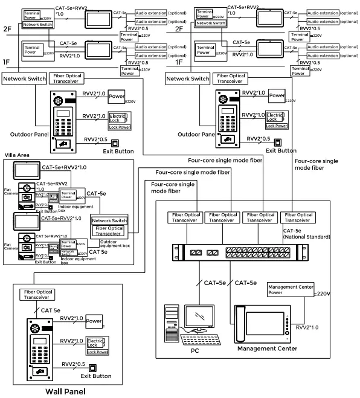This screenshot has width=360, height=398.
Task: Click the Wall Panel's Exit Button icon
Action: pyautogui.click(x=92, y=367)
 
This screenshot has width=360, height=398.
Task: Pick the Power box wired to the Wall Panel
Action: pyautogui.click(x=94, y=321)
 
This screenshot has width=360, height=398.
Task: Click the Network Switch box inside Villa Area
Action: pyautogui.click(x=109, y=221)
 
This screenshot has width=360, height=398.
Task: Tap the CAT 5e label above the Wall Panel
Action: pyautogui.click(x=51, y=309)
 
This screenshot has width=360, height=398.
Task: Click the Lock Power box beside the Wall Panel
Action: pyautogui.click(x=97, y=351)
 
